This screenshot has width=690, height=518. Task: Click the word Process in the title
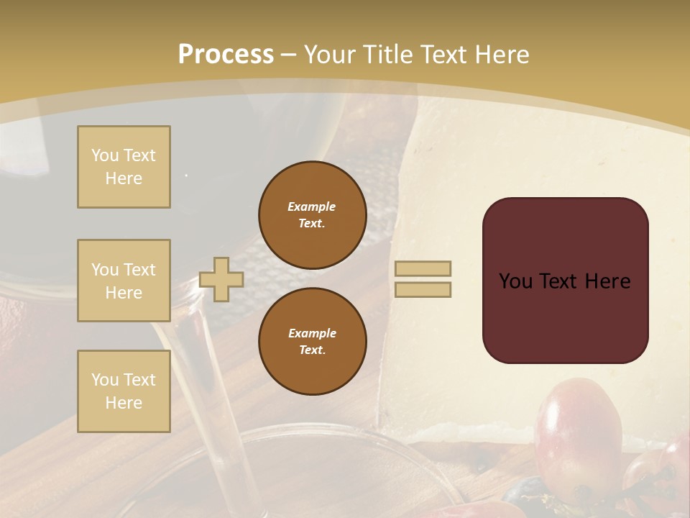[226, 55]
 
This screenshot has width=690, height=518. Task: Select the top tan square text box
[124, 167]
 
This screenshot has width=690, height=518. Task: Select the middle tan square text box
[124, 281]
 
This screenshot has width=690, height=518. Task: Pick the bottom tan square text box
[124, 391]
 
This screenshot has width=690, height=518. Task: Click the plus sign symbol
[221, 280]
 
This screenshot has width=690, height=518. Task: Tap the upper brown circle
[313, 215]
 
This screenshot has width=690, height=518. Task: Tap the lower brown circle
[313, 342]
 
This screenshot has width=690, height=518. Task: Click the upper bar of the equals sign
[423, 268]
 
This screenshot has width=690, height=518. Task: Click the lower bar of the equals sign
[423, 290]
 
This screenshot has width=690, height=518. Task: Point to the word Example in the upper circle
[312, 206]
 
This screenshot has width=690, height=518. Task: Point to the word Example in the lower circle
[312, 333]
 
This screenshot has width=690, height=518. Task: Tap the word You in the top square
[104, 155]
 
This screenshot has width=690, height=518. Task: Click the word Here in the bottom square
[124, 403]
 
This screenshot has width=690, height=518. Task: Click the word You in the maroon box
[515, 281]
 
